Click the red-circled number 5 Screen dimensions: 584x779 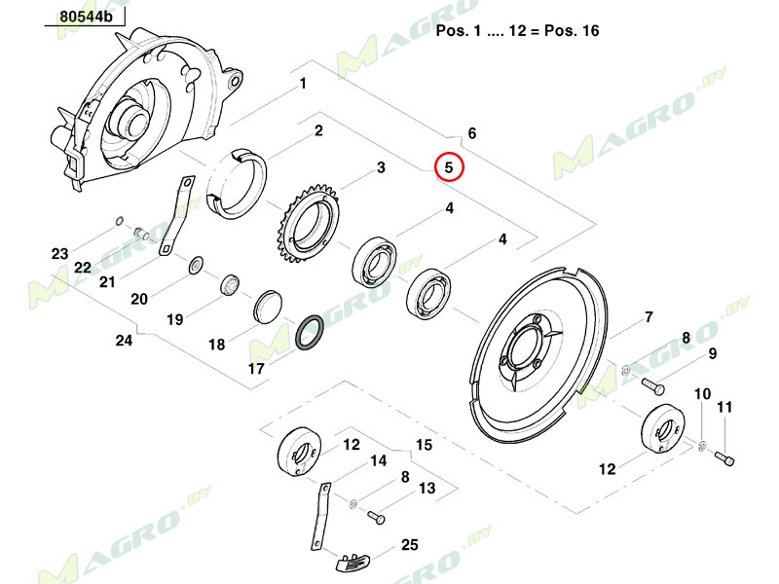point(449,168)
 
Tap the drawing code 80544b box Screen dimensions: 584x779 point(85,18)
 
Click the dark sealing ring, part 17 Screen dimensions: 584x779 point(311,334)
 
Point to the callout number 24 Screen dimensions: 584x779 point(124,341)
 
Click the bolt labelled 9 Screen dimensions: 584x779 point(653,385)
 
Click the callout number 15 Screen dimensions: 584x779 point(424,445)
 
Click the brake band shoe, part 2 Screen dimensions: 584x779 point(240,181)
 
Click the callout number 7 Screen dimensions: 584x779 point(647,317)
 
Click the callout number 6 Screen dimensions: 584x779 point(472,133)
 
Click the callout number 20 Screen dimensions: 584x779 point(139,299)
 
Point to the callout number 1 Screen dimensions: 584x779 point(303,84)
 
